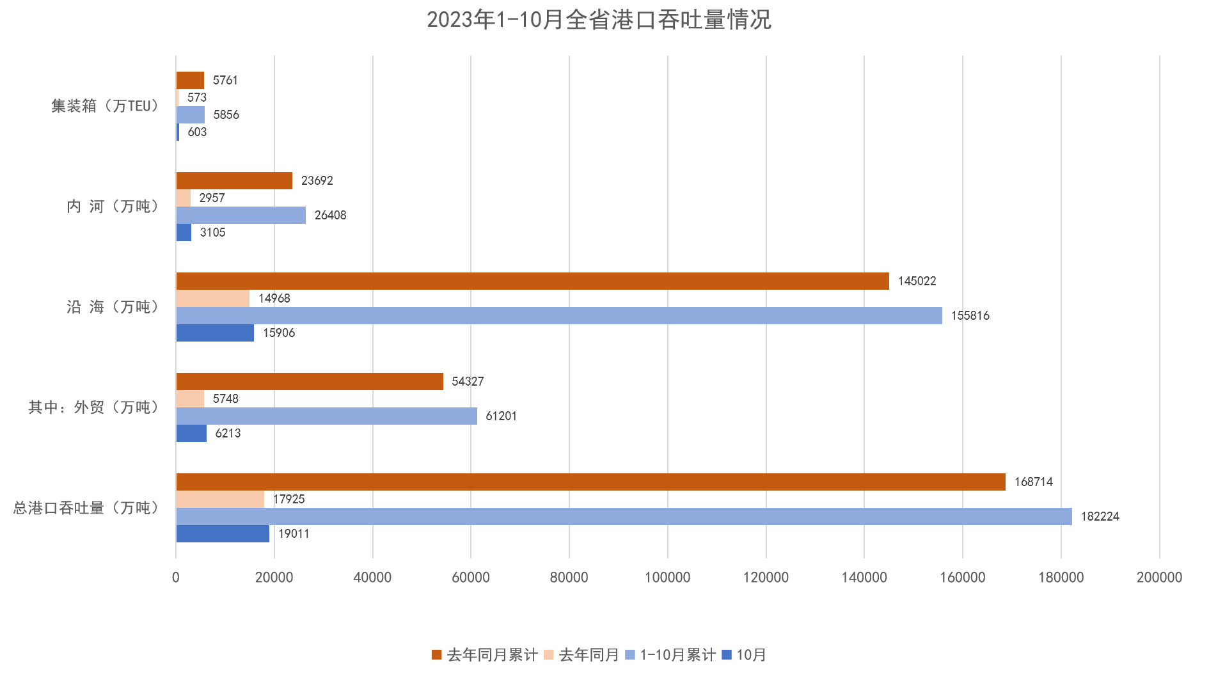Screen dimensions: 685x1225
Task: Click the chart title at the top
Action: (x=599, y=20)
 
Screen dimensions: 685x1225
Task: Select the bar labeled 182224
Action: (x=624, y=516)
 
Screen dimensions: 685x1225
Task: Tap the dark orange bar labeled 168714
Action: (x=590, y=482)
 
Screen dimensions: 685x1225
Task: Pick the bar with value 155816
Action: (x=558, y=315)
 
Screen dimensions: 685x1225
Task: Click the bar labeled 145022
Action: (x=532, y=281)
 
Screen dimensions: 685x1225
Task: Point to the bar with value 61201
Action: (x=326, y=416)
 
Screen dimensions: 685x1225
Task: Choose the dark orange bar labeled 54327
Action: (x=310, y=381)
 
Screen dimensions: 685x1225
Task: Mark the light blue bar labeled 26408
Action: (x=241, y=215)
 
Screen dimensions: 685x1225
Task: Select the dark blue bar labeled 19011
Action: (x=223, y=533)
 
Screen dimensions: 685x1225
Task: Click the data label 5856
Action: (x=226, y=114)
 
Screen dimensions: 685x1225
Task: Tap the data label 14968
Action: (x=274, y=298)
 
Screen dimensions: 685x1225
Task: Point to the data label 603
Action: (x=197, y=132)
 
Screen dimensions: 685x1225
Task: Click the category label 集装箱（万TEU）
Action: (x=106, y=106)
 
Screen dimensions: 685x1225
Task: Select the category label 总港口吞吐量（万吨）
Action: (x=86, y=508)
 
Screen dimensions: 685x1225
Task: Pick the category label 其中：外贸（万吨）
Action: (x=94, y=407)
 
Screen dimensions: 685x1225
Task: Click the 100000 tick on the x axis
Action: (x=667, y=577)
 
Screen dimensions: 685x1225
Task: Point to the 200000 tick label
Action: (x=1158, y=577)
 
